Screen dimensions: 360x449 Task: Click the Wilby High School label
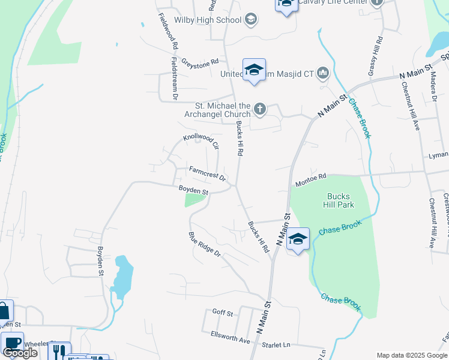click(x=208, y=20)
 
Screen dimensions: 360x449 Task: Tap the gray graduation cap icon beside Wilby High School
click(x=251, y=20)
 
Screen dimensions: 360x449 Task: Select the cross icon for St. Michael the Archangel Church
click(x=259, y=109)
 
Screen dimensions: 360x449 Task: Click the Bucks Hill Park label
click(x=340, y=200)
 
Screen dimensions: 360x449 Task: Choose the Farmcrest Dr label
click(x=207, y=174)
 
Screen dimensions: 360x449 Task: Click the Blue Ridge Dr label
click(x=205, y=245)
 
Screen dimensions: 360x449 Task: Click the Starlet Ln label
click(x=276, y=345)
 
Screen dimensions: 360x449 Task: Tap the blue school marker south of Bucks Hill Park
click(x=298, y=240)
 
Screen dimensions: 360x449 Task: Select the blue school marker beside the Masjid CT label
click(x=254, y=70)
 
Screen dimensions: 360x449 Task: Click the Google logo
click(x=20, y=352)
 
